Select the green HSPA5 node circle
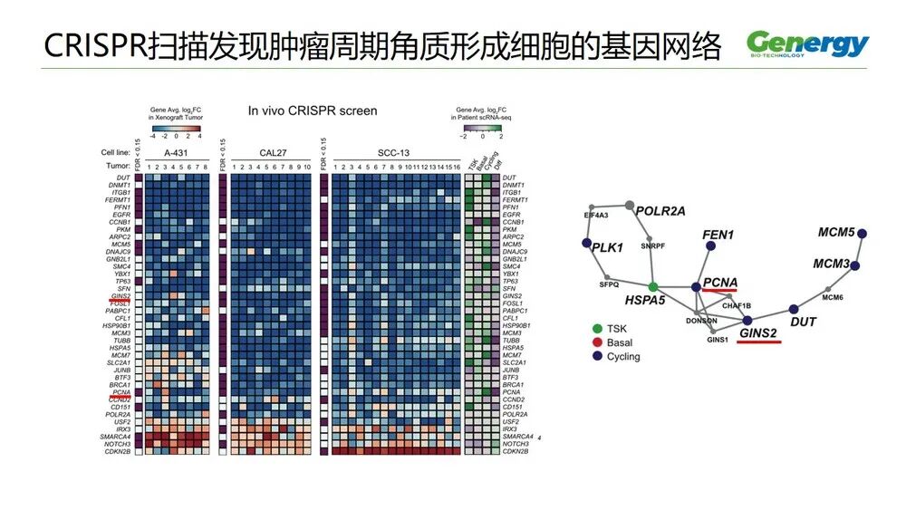tap(652, 286)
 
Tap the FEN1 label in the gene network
tap(718, 235)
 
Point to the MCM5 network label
tap(836, 233)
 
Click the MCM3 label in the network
tap(830, 264)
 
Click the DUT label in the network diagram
tap(804, 322)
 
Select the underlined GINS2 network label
tap(757, 332)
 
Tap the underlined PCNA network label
tap(719, 282)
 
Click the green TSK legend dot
tap(596, 328)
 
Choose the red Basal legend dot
tap(596, 342)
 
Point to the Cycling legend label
tap(623, 357)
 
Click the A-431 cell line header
tap(178, 152)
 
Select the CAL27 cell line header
tap(269, 152)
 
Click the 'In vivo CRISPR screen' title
tap(313, 111)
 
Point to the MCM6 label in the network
tap(834, 297)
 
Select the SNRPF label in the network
tap(652, 245)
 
